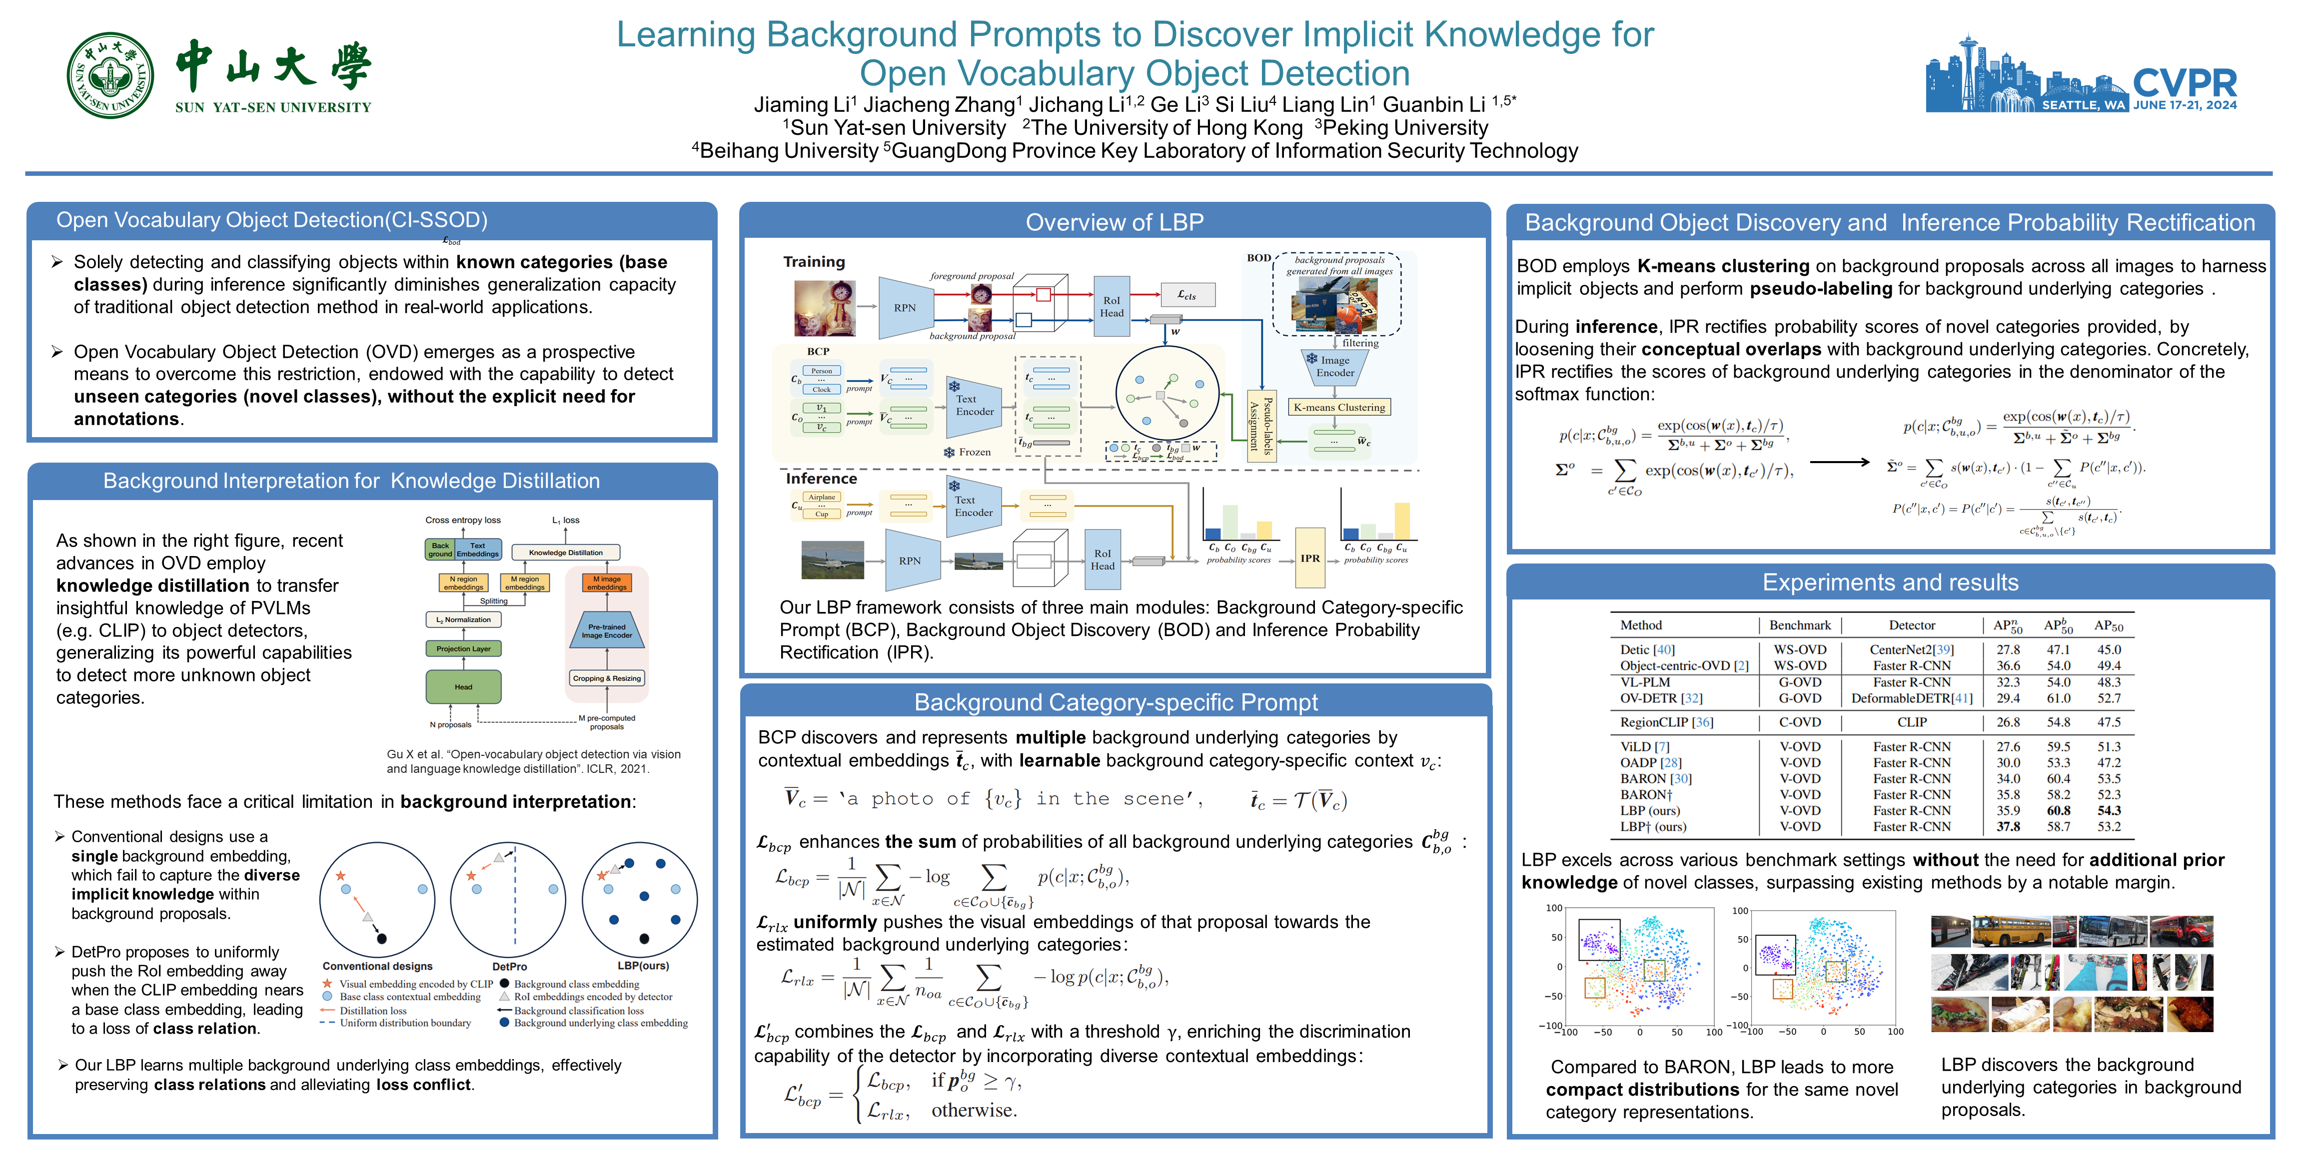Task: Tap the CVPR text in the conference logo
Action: point(2184,83)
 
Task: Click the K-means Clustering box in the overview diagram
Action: point(1338,408)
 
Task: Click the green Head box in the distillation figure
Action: point(463,686)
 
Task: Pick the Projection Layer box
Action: point(463,649)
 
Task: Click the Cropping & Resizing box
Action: point(607,678)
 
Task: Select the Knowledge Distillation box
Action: point(565,552)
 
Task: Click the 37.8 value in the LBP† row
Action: point(2008,827)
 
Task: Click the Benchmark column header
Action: point(1800,625)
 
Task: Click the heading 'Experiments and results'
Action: point(1890,582)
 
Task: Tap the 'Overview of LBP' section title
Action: point(1114,222)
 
